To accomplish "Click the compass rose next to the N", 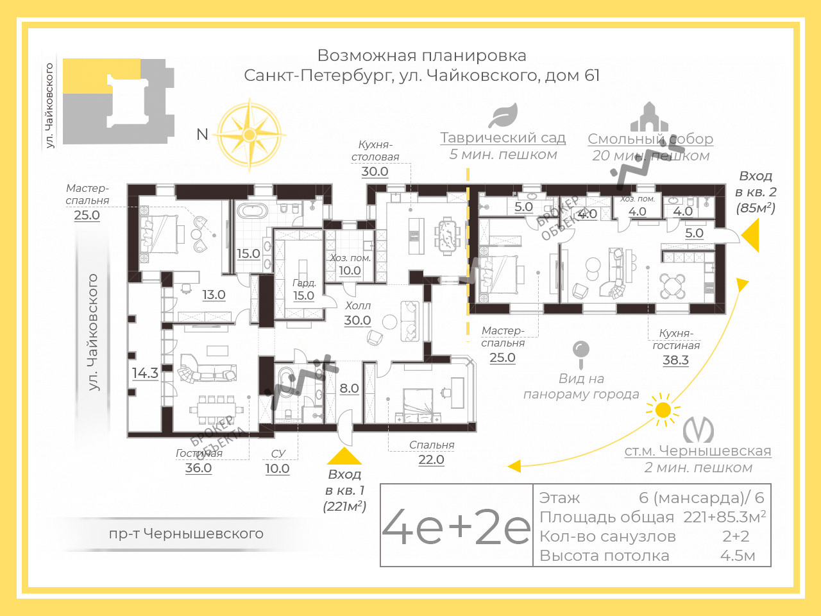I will click(x=250, y=135).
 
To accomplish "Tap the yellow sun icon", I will click(x=663, y=409).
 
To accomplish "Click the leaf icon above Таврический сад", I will click(x=503, y=116).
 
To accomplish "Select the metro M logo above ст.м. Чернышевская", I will click(x=698, y=430).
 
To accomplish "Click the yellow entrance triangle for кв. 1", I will click(x=344, y=456).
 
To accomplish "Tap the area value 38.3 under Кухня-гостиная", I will click(x=675, y=360).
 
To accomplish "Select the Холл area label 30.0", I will click(x=357, y=320).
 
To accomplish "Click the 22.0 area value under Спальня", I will click(x=431, y=459).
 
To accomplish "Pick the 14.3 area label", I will click(x=145, y=373).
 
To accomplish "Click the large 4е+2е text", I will click(x=456, y=526).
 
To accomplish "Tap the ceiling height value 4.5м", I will click(x=737, y=556).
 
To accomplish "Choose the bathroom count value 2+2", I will click(x=736, y=536).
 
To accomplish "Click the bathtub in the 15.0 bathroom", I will click(x=253, y=210).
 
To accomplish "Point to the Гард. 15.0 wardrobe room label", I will click(x=303, y=290).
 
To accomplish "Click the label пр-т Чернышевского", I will click(x=186, y=533).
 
